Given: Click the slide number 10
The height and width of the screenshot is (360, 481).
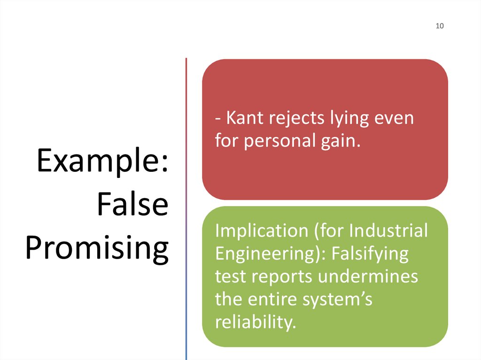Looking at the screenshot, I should pyautogui.click(x=440, y=26).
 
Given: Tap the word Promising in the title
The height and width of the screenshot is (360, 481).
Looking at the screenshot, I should pyautogui.click(x=97, y=249).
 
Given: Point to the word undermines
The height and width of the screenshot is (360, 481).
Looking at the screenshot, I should pyautogui.click(x=368, y=276).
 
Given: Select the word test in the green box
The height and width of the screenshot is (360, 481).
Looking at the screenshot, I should pyautogui.click(x=230, y=276).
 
